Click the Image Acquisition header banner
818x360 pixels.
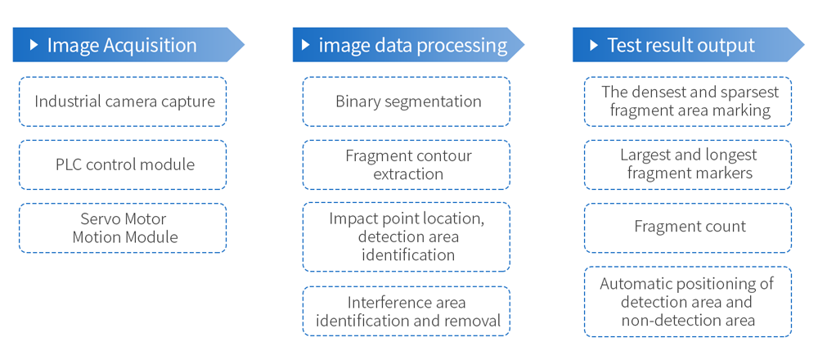(128, 45)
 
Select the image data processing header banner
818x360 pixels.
(408, 45)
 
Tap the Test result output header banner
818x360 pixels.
(689, 45)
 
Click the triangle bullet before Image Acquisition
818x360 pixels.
(34, 45)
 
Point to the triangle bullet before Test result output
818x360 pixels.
(594, 45)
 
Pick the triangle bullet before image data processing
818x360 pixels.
(306, 45)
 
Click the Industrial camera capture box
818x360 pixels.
(123, 101)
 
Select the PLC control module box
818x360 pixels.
(123, 165)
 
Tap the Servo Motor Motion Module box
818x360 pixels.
(123, 228)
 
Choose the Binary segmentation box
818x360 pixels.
(407, 101)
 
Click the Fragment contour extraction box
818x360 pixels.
(407, 165)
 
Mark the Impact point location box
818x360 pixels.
(407, 237)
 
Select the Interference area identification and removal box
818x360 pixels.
(407, 311)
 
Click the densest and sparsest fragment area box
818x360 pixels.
(688, 101)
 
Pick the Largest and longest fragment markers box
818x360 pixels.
(688, 165)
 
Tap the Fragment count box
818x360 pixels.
(688, 228)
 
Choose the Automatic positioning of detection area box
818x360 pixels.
(688, 302)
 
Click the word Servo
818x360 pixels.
(100, 218)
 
